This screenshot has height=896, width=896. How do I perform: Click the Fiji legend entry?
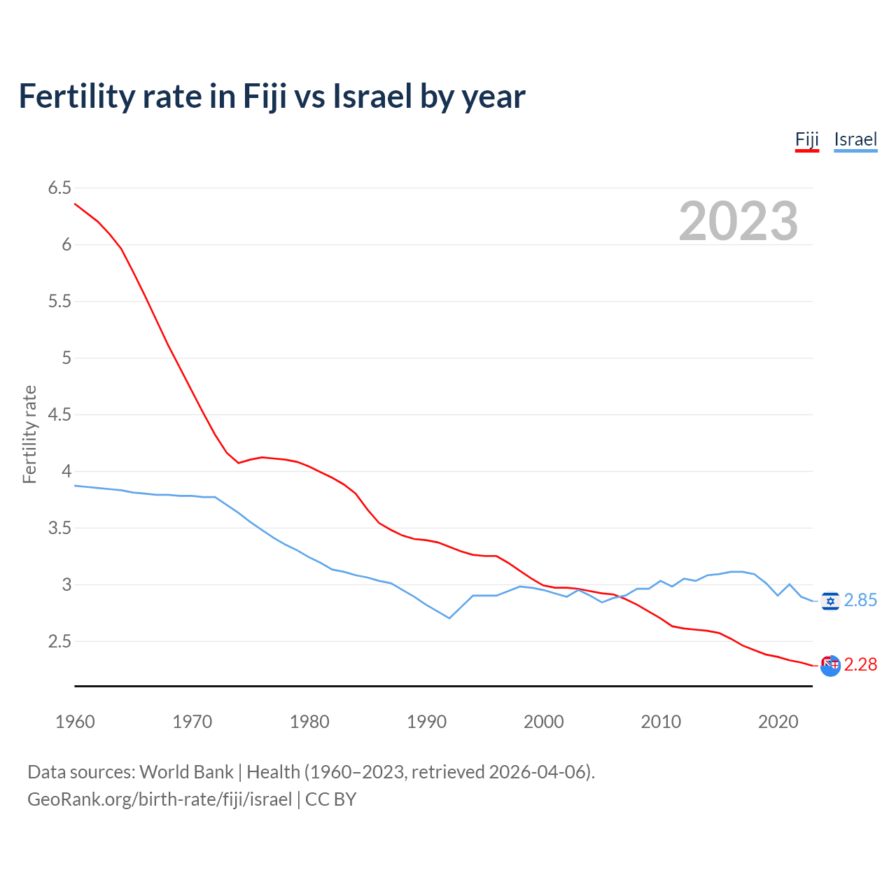click(x=806, y=139)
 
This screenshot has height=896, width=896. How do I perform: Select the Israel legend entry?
click(x=855, y=139)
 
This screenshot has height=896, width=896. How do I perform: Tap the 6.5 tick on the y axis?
click(x=59, y=188)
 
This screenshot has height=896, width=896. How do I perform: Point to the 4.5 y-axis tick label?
click(x=59, y=414)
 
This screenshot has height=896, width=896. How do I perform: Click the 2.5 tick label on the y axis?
click(x=59, y=641)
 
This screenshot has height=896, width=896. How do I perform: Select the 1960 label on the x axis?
click(x=75, y=722)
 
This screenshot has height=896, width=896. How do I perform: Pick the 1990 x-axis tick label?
click(x=426, y=722)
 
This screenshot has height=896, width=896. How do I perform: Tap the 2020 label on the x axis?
click(x=778, y=722)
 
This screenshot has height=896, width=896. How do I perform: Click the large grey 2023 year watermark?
click(x=738, y=221)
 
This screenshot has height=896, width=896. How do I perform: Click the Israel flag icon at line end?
click(x=830, y=601)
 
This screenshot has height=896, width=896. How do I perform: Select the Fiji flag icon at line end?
click(x=830, y=666)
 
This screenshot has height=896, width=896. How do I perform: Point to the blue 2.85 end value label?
click(x=860, y=601)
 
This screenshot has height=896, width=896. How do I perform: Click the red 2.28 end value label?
click(x=860, y=664)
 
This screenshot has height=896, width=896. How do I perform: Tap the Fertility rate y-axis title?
click(x=29, y=434)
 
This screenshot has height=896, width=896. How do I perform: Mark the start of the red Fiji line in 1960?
click(x=75, y=204)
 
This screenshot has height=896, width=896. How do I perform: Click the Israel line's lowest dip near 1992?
click(x=449, y=618)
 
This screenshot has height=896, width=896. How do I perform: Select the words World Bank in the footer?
click(x=186, y=771)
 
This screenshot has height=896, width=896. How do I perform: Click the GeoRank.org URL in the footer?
click(x=160, y=799)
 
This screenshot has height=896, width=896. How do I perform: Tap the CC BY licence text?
click(x=331, y=799)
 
